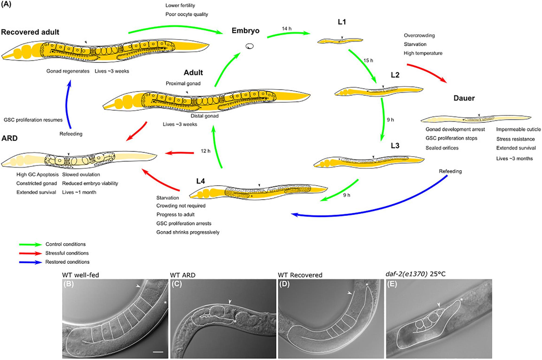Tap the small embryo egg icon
coord(249,46)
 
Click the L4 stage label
coord(202,181)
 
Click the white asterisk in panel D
coord(368,284)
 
